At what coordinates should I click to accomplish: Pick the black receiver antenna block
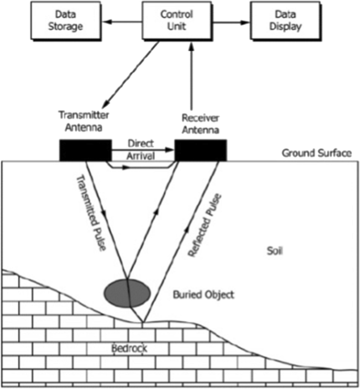[201, 149]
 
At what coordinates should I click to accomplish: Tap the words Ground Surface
[316, 153]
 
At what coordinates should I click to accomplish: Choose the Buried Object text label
[203, 295]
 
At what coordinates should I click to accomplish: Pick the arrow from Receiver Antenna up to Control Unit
[192, 79]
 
